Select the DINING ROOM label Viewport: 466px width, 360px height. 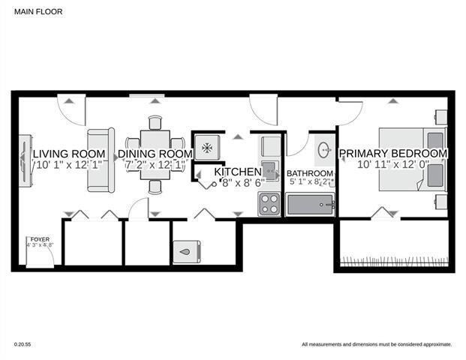coord(155,154)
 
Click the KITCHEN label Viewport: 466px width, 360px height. coord(238,172)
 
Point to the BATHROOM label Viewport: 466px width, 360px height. coord(310,173)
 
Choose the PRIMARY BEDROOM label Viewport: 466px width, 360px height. coord(393,154)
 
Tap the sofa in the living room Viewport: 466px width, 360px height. coord(101,160)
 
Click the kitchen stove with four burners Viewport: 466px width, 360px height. coord(269,203)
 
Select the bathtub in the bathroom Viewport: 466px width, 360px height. coord(310,204)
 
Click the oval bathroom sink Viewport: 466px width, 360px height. coord(324,150)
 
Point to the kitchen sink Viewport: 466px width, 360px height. coord(269,166)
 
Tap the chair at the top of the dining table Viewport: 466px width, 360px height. coord(155,123)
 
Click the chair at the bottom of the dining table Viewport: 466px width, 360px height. coord(155,187)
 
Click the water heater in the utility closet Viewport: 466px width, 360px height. coord(186,253)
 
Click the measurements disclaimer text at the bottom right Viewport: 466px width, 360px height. coord(376,344)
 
